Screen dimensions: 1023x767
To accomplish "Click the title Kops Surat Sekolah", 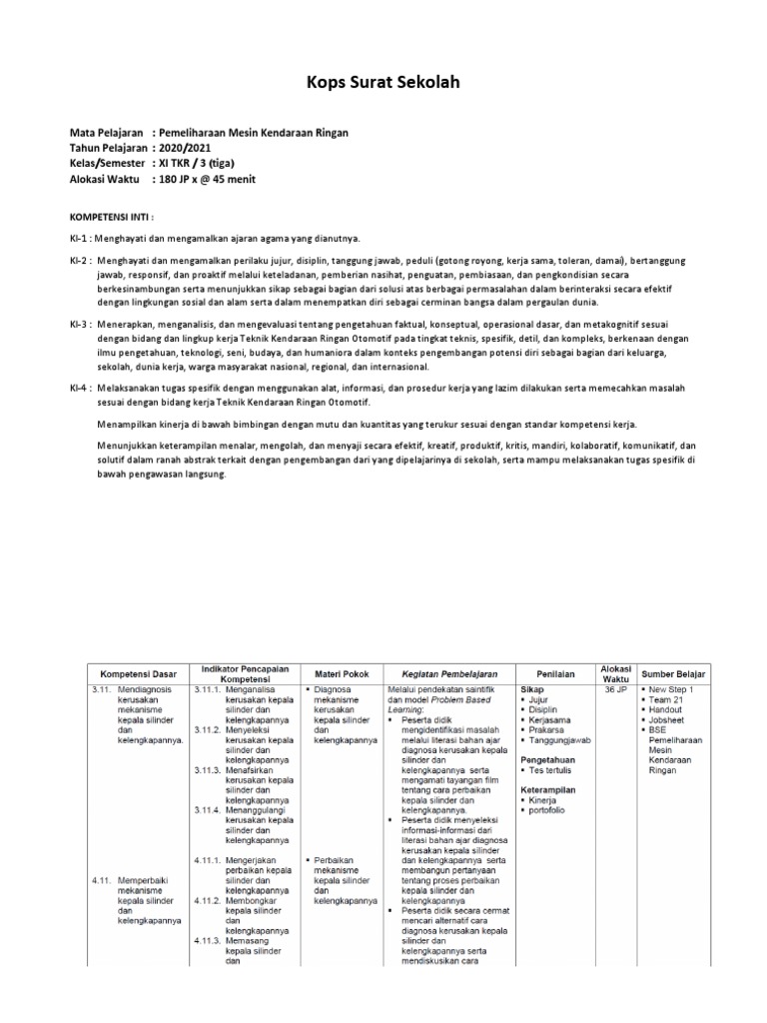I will pos(383,82).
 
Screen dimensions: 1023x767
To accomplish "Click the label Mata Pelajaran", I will pos(105,133).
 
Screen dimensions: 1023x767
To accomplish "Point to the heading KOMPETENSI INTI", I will pos(112,216).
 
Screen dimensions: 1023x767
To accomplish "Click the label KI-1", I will pos(80,240).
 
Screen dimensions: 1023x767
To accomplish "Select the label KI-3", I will pos(80,324).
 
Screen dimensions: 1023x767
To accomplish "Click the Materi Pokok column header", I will pos(343,673).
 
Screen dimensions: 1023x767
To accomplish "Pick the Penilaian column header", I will pos(555,673).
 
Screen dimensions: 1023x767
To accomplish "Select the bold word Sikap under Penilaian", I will pos(532,689).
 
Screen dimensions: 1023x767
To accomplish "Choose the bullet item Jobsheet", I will pos(668,719).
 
